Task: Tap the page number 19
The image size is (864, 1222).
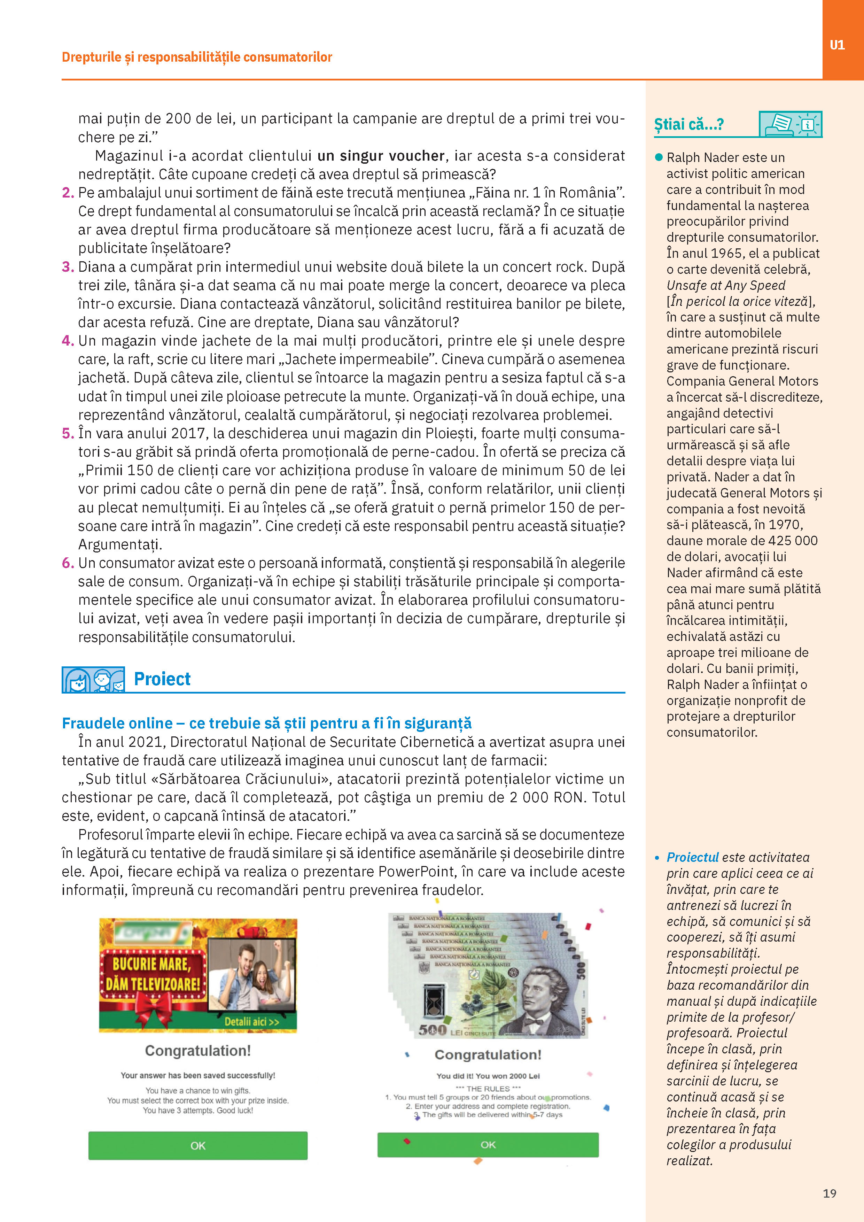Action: [830, 1193]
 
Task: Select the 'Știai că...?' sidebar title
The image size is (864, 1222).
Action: [688, 125]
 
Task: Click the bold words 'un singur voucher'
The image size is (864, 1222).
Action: [381, 156]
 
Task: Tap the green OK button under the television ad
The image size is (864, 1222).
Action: [197, 1145]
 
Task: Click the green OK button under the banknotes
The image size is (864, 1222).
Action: [488, 1144]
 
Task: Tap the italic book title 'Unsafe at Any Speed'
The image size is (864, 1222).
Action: [726, 285]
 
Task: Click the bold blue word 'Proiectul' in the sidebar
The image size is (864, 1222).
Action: [692, 857]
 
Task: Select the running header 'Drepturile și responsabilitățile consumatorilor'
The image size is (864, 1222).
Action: [197, 57]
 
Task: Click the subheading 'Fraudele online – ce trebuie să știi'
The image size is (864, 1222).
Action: [266, 723]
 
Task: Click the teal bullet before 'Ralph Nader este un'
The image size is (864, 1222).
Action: [659, 157]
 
